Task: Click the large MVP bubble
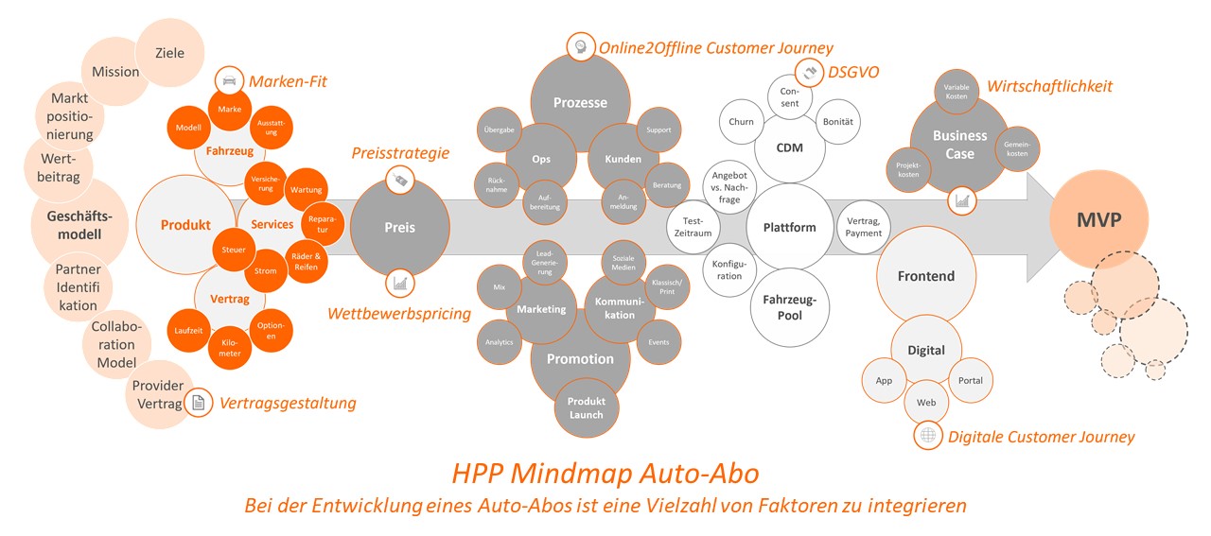click(1098, 220)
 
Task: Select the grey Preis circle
click(399, 227)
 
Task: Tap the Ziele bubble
click(169, 53)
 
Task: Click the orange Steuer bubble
click(234, 250)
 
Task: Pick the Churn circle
click(742, 122)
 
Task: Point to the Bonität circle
click(837, 122)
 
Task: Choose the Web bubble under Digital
click(926, 403)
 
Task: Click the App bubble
click(884, 381)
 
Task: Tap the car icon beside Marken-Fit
click(229, 81)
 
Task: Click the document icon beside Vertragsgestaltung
click(199, 403)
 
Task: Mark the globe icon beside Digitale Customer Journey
click(928, 435)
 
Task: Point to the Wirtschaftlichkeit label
click(1049, 86)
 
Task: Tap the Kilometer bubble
click(230, 347)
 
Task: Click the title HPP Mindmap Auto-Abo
click(605, 472)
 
